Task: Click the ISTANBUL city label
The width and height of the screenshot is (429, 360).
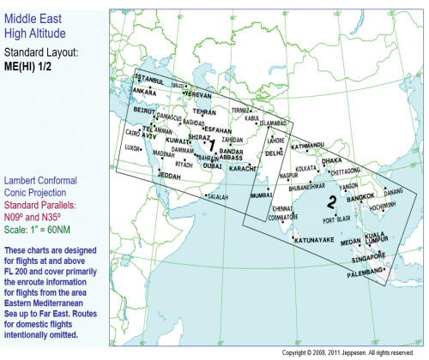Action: point(151,80)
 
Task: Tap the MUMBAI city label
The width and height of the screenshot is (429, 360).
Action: point(261,195)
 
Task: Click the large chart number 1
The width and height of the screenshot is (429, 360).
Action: point(211,147)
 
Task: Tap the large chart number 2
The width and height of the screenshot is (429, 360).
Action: point(330,203)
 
